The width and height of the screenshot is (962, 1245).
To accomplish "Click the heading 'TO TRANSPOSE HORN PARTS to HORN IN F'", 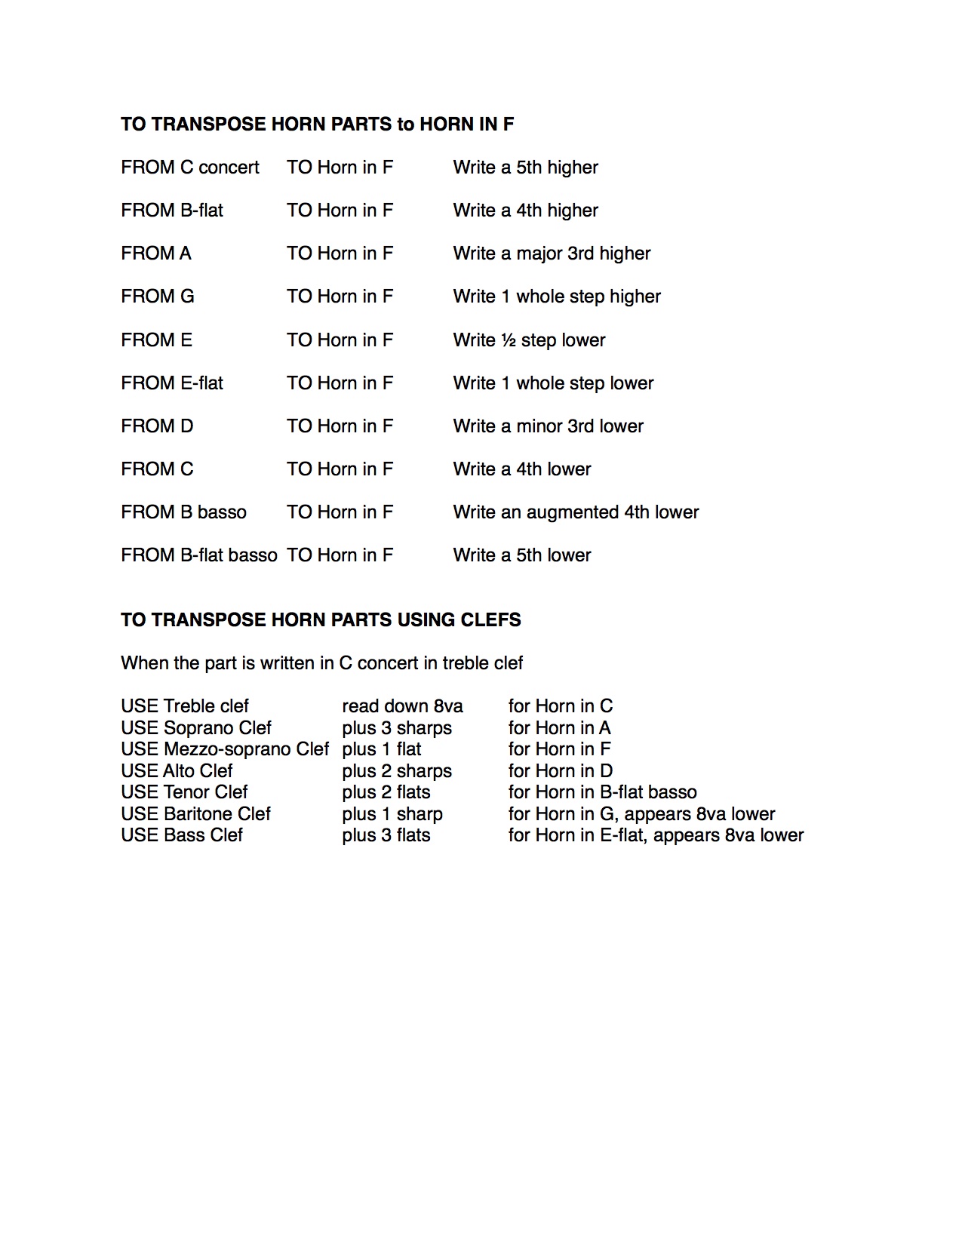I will click(x=317, y=124).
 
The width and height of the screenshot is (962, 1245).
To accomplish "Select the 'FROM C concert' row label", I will click(x=189, y=168).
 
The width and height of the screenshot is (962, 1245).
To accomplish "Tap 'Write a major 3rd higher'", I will click(x=552, y=254).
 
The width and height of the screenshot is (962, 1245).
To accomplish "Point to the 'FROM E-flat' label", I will click(x=172, y=383).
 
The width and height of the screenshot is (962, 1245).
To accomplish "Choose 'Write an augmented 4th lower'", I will click(x=576, y=512).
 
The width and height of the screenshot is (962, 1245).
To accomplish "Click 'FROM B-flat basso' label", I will click(x=198, y=555).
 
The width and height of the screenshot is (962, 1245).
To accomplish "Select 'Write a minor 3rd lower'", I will click(x=548, y=426).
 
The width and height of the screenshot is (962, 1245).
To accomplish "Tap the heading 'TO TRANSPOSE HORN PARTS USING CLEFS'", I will click(x=321, y=620).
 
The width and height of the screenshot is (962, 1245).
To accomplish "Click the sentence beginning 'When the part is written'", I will click(x=321, y=663).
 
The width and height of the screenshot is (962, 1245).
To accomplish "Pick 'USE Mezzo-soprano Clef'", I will click(x=225, y=749).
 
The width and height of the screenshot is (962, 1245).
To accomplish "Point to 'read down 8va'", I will click(x=402, y=706).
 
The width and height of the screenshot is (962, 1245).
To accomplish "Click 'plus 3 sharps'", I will click(x=397, y=728).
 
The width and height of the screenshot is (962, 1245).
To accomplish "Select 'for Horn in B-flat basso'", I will click(x=602, y=792).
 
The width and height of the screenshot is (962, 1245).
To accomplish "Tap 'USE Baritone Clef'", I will click(x=195, y=814).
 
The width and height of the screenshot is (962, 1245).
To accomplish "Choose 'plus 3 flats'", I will click(x=386, y=835).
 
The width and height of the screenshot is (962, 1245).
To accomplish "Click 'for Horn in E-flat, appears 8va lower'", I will click(x=656, y=835).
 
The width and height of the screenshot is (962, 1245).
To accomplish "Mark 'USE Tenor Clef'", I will click(x=184, y=792).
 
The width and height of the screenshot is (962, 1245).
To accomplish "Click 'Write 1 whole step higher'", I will click(x=557, y=297).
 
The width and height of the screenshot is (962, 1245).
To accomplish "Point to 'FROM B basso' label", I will click(x=183, y=512).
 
